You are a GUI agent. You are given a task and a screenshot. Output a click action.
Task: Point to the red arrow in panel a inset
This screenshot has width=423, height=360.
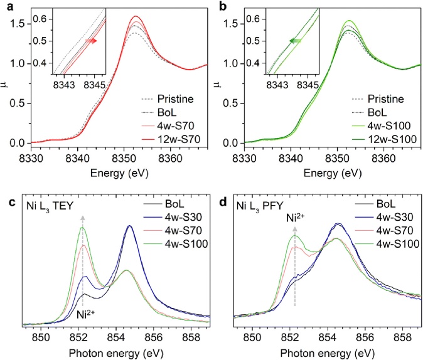92,41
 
